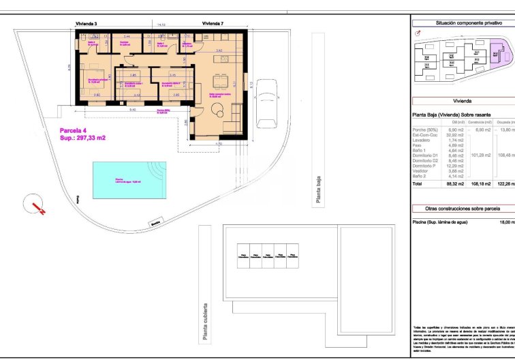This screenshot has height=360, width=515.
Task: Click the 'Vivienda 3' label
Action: coord(86,24)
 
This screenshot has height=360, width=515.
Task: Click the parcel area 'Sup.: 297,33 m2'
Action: coord(82,137)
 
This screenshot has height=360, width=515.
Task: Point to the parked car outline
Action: coord(266,103)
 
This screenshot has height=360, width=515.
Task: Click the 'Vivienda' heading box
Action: coord(462,100)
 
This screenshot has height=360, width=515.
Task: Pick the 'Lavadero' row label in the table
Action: coord(424,140)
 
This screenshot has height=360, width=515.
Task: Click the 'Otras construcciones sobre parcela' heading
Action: coord(462,209)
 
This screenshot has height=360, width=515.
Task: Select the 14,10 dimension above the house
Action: coord(161,25)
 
